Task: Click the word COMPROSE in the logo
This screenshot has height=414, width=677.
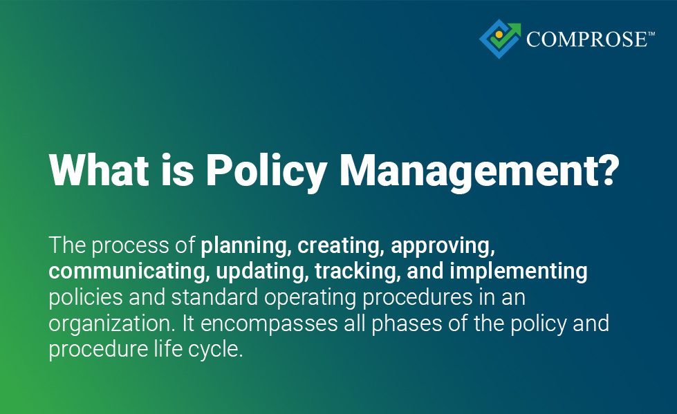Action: pos(586,40)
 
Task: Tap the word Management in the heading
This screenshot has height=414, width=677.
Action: pos(458,169)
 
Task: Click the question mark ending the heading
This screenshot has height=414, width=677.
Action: pos(604,169)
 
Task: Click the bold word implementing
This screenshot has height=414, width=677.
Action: pos(519,272)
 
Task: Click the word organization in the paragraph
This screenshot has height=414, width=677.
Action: pos(114,323)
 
